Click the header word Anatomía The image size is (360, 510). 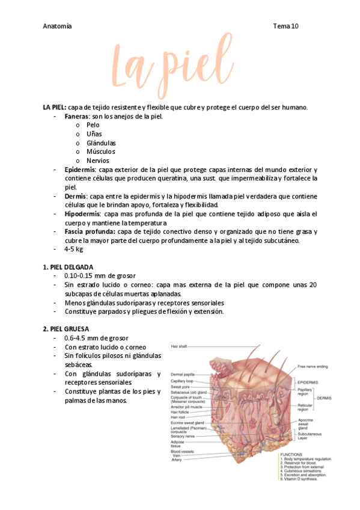click(58, 26)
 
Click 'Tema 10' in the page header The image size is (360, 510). click(285, 26)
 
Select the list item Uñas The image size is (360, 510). click(94, 134)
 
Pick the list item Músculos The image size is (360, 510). click(101, 152)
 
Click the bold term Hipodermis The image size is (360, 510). click(83, 214)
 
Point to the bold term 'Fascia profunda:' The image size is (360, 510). click(90, 232)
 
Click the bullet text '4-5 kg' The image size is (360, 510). click(74, 249)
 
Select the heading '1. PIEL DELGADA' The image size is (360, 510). click(68, 267)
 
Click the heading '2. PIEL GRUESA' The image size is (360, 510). click(66, 329)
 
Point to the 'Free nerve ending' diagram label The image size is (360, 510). click(313, 366)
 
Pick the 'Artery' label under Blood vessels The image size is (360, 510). click(177, 460)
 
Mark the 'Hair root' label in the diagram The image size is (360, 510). click(178, 417)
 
